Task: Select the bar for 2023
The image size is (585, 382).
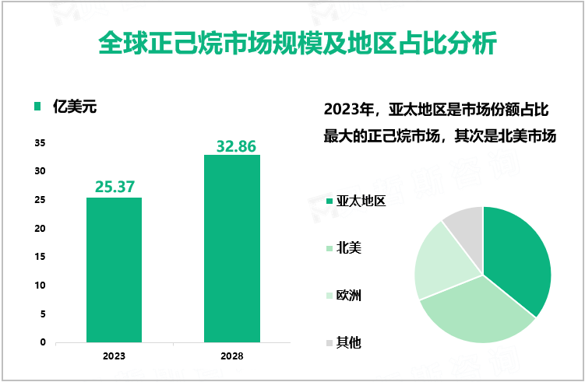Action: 114,269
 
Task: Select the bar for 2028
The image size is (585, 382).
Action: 232,248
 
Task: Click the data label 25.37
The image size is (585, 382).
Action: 115,186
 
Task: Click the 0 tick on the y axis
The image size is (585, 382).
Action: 43,342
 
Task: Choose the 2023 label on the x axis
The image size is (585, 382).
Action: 114,356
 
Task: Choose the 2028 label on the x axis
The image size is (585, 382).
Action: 231,356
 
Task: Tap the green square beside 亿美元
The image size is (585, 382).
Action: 37,107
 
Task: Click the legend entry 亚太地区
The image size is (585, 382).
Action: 361,202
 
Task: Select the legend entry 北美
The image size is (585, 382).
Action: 348,248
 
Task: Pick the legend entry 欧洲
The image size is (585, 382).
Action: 348,296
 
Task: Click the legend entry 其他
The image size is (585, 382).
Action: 348,342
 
